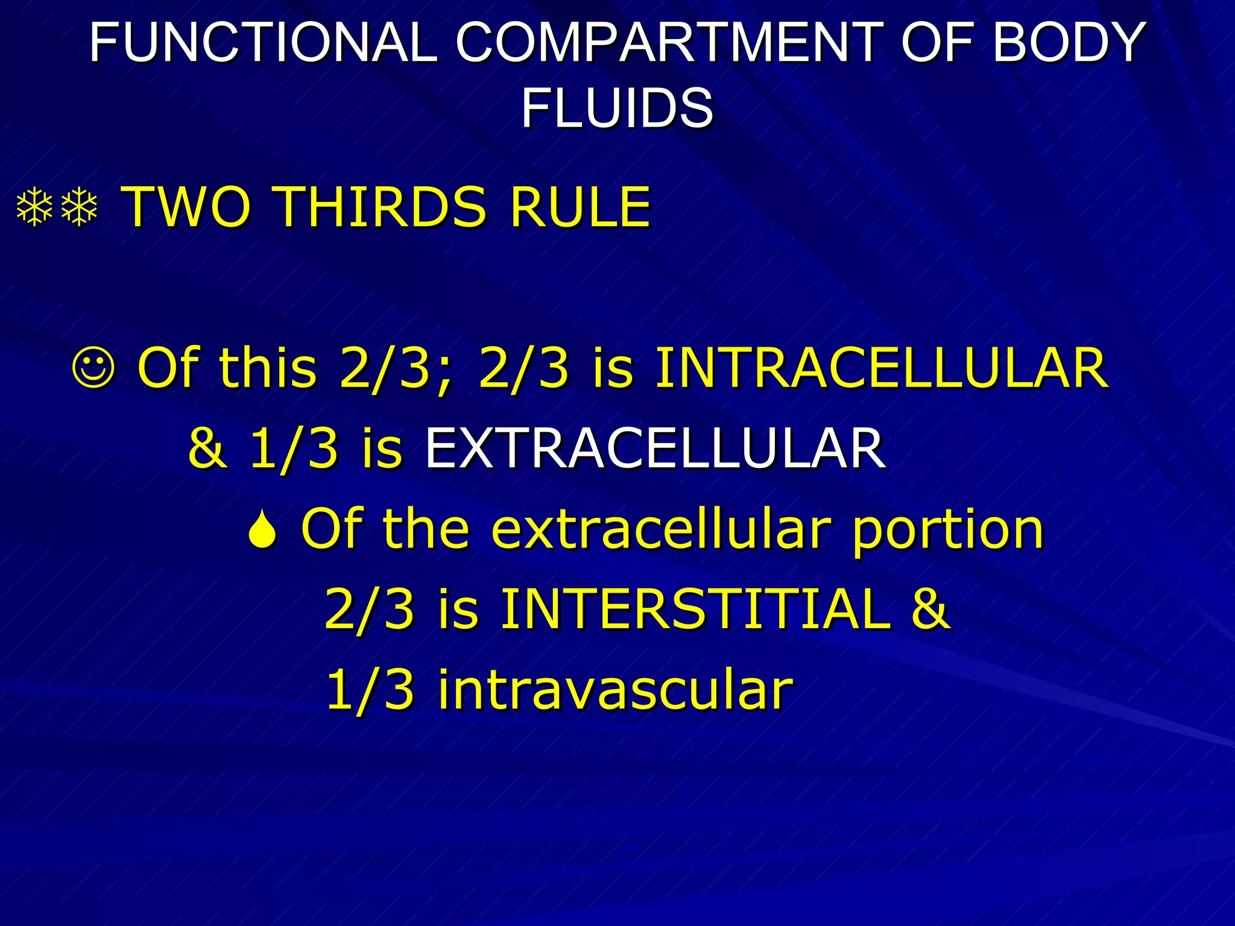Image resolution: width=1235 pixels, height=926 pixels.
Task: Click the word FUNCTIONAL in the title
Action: [264, 43]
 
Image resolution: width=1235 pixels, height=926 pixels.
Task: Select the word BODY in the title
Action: [1069, 43]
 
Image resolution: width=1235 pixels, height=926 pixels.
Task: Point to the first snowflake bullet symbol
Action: [35, 208]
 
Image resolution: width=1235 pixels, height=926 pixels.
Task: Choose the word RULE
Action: [580, 207]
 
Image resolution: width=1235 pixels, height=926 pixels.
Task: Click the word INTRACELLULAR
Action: [881, 368]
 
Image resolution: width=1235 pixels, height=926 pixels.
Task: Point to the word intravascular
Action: [616, 689]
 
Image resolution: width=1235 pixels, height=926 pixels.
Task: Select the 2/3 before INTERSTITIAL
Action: [370, 609]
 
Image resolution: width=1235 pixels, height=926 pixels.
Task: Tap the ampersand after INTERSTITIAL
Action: [930, 609]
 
